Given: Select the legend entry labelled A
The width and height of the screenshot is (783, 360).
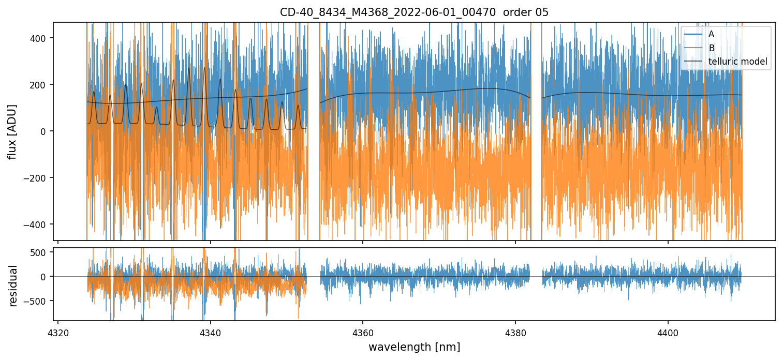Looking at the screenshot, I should [x=712, y=34].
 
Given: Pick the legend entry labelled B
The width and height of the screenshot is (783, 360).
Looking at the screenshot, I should [x=712, y=48].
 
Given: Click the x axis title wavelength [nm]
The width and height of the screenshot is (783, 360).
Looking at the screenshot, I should [x=414, y=347].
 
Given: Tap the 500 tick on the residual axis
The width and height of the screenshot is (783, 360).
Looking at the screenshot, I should [x=39, y=252].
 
